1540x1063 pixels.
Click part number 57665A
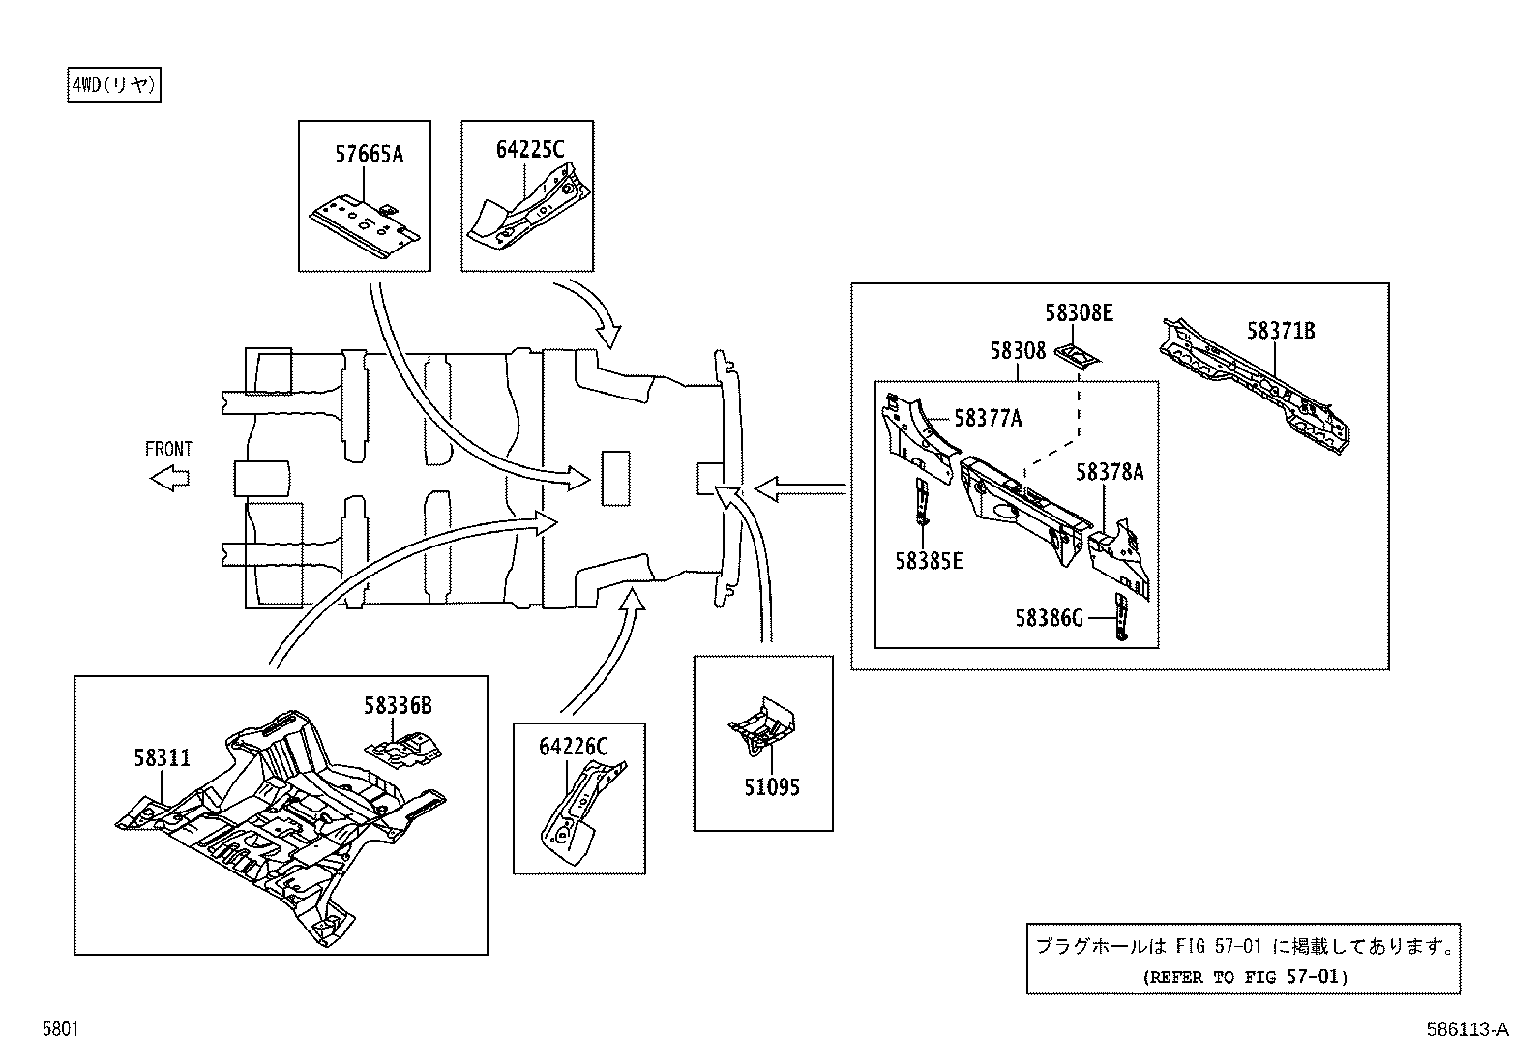click(369, 154)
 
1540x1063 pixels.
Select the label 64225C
click(529, 150)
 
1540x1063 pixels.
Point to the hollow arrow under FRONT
click(170, 478)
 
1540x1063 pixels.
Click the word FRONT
click(168, 449)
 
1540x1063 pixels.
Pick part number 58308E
click(1078, 313)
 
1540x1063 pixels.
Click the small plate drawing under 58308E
click(1078, 355)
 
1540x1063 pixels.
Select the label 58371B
click(1280, 332)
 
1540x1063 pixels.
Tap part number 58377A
click(988, 418)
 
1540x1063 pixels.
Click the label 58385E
click(929, 561)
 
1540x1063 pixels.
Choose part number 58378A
click(1110, 472)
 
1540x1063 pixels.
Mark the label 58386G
click(1049, 617)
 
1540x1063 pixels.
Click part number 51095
click(771, 787)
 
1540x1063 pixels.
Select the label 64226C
click(573, 747)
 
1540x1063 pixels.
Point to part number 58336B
click(398, 706)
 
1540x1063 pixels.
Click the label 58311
click(162, 757)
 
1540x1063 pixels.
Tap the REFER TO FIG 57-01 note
click(1243, 977)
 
